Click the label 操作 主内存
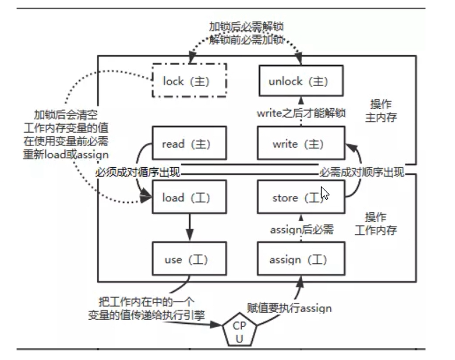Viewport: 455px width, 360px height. [379, 111]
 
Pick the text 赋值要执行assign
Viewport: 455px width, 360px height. [289, 308]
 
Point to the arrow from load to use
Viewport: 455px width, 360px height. [188, 227]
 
